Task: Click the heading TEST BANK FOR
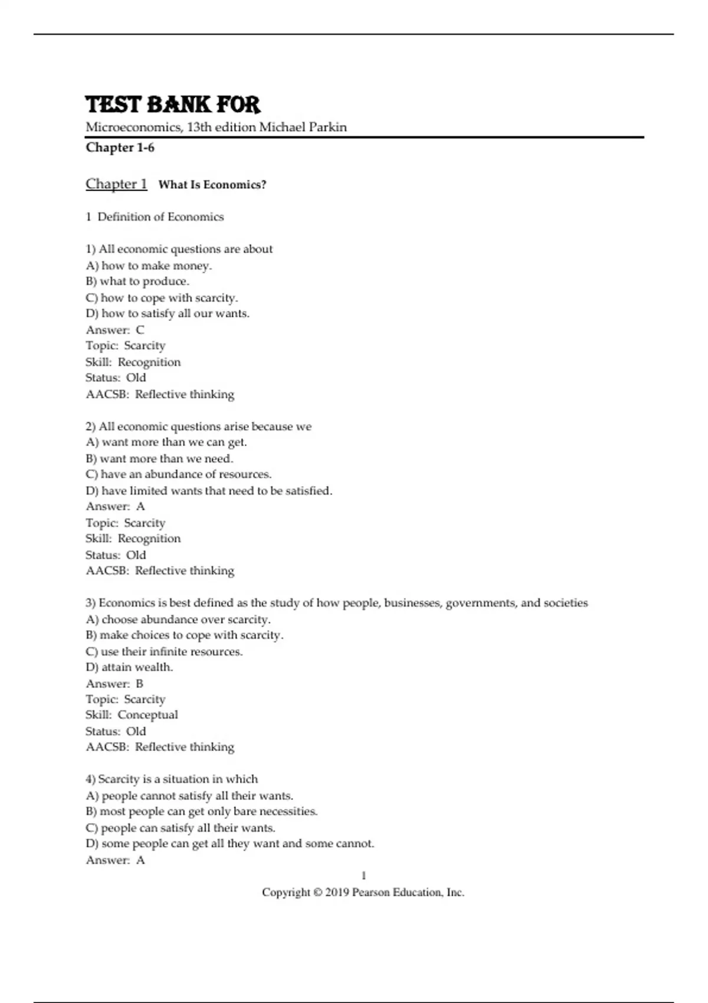173,104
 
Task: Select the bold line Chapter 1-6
120,147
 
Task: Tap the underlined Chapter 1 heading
116,184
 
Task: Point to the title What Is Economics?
212,185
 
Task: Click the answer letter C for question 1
140,330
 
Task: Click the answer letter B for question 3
140,683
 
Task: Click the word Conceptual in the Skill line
147,715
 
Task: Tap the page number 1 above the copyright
363,876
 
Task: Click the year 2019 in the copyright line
337,892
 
